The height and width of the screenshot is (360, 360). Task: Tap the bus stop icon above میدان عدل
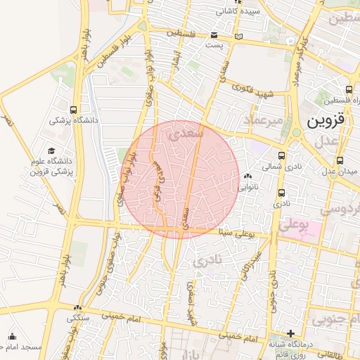tap(340, 160)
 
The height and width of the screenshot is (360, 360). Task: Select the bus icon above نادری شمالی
tap(282, 156)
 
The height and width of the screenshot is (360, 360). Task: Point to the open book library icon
tap(239, 36)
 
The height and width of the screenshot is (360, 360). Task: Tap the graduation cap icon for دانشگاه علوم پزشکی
tap(51, 151)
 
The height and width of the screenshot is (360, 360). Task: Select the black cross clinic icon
tap(290, 333)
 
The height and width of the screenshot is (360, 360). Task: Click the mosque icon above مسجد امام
tap(11, 336)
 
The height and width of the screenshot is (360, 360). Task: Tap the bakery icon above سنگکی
tap(77, 307)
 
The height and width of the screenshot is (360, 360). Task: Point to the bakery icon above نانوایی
tap(247, 176)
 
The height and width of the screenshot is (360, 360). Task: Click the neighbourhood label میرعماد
tap(262, 121)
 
